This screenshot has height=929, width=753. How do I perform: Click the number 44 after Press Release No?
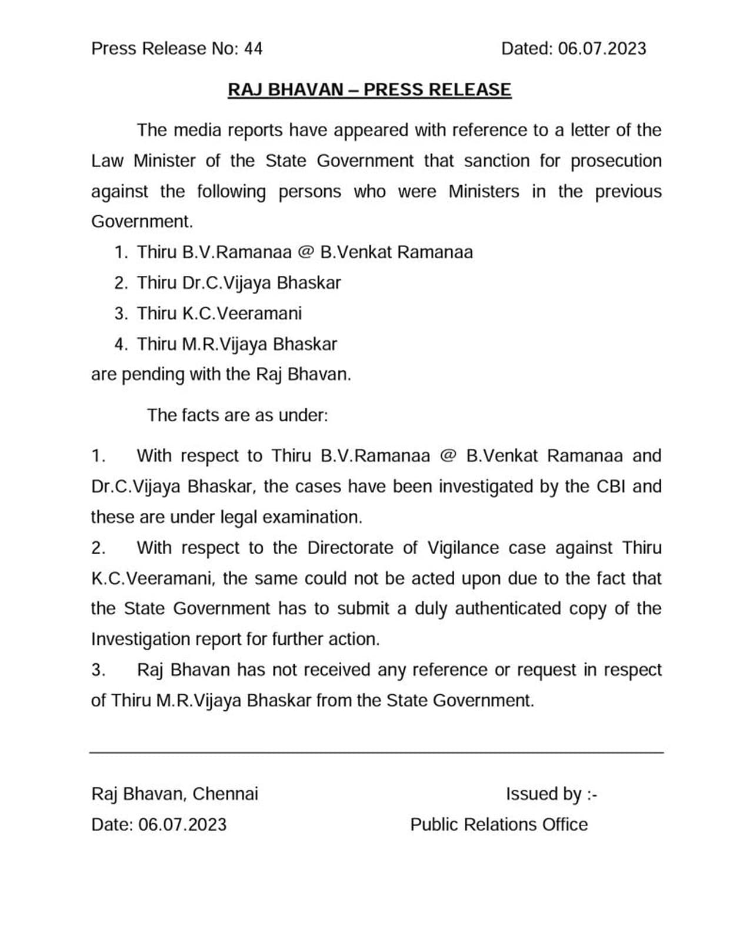[x=253, y=48]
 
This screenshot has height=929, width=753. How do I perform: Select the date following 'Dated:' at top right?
[x=602, y=48]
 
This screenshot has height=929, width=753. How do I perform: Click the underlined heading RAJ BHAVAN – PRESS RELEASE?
[x=369, y=89]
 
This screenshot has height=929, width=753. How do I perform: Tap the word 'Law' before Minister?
[x=107, y=161]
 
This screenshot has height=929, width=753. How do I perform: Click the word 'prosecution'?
[x=616, y=161]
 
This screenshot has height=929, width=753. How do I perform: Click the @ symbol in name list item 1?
[x=305, y=252]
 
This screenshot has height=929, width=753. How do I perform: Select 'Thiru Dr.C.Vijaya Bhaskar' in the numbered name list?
[x=238, y=283]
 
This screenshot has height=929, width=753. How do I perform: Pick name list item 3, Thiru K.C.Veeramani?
[x=219, y=314]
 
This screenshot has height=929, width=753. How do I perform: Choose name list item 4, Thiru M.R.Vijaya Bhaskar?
[x=236, y=344]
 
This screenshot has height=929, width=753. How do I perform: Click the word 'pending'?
[x=153, y=375]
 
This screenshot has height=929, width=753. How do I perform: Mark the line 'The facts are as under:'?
[x=237, y=415]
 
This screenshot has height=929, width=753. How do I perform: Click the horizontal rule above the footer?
[x=376, y=752]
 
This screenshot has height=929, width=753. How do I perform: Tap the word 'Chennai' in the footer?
[x=225, y=794]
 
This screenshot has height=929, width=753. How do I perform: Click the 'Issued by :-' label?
[x=551, y=794]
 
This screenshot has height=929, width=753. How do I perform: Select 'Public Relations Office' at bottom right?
[x=499, y=825]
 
